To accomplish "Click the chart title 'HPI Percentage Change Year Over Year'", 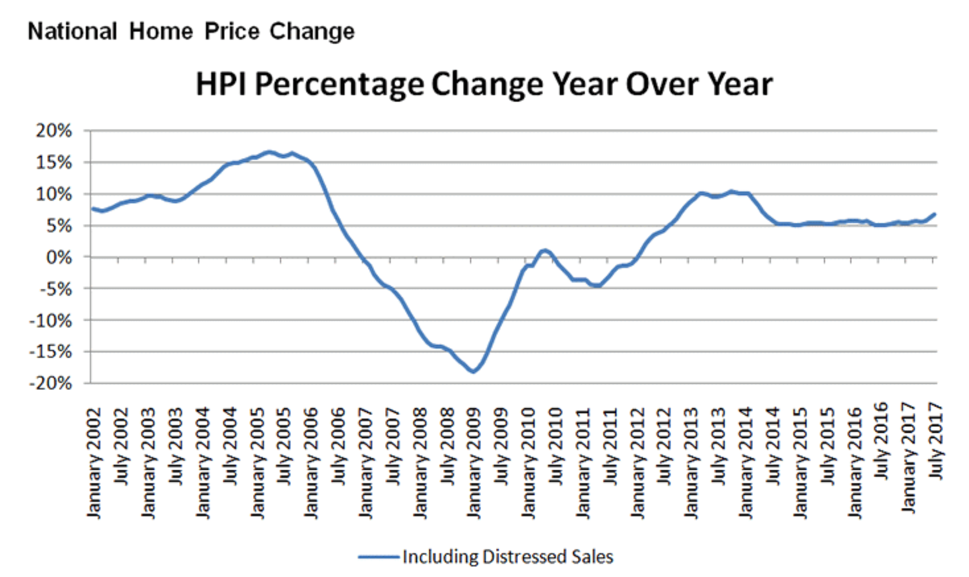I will pyautogui.click(x=484, y=85).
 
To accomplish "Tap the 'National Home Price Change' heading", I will pyautogui.click(x=191, y=31).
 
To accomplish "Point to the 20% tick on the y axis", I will pyautogui.click(x=53, y=131).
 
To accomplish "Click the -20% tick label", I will pyautogui.click(x=50, y=384).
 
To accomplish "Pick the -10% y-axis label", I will pyautogui.click(x=50, y=321).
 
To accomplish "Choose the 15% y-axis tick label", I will pyautogui.click(x=53, y=162).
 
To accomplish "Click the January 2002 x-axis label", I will pyautogui.click(x=94, y=463).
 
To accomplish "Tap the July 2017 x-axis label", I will pyautogui.click(x=936, y=440).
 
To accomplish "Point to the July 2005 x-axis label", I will pyautogui.click(x=284, y=446).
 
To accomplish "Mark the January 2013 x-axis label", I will pyautogui.click(x=691, y=463).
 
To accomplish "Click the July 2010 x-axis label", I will pyautogui.click(x=556, y=446).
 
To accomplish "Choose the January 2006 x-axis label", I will pyautogui.click(x=312, y=463).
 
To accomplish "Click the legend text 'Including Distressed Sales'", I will pyautogui.click(x=508, y=557).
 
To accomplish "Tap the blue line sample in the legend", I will pyautogui.click(x=379, y=557).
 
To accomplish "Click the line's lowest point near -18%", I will pyautogui.click(x=473, y=372).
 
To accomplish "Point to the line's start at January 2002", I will pyautogui.click(x=92, y=209).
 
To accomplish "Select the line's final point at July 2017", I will pyautogui.click(x=935, y=214).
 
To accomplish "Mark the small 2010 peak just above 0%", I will pyautogui.click(x=545, y=250).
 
